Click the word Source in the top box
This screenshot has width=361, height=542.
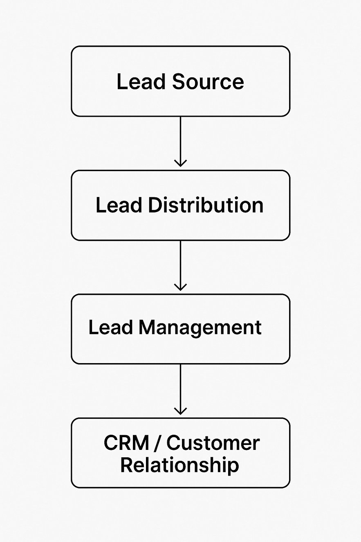(x=208, y=81)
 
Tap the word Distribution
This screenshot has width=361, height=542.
(x=206, y=205)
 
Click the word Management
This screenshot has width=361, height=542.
(x=200, y=327)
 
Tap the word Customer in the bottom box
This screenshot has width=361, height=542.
(x=213, y=443)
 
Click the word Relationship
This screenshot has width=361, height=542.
(x=179, y=465)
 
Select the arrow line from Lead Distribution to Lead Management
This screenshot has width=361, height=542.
(x=180, y=262)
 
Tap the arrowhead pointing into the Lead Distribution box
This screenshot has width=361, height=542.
(x=180, y=163)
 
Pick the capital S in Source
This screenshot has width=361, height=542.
(x=178, y=81)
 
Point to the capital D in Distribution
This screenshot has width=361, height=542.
(x=154, y=205)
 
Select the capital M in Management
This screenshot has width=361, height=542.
(x=147, y=327)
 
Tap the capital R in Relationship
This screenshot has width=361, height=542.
(x=127, y=465)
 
